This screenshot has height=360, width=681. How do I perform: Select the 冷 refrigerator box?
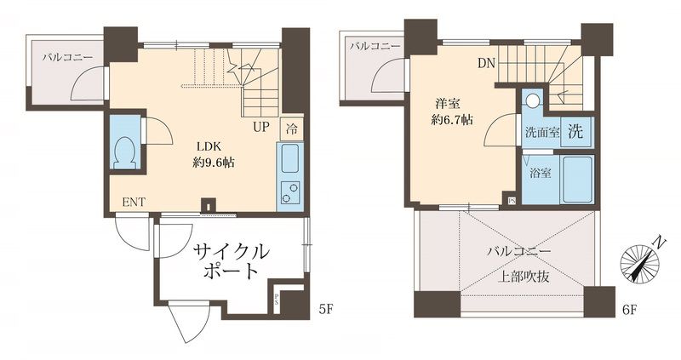coord(291,129)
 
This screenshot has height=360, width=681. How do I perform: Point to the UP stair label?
coord(261,129)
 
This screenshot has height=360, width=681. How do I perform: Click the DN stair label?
coord(485,63)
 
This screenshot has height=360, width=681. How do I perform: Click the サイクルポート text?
coord(231,261)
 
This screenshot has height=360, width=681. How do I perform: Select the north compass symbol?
coord(640,260)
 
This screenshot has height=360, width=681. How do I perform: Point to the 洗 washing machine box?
coord(576,131)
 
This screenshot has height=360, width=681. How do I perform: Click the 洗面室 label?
coord(542,133)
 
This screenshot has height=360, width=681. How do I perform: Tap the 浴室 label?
coord(540,174)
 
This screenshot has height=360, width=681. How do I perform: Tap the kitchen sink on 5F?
coord(289,158)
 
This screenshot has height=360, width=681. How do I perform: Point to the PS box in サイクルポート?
coord(276,299)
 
